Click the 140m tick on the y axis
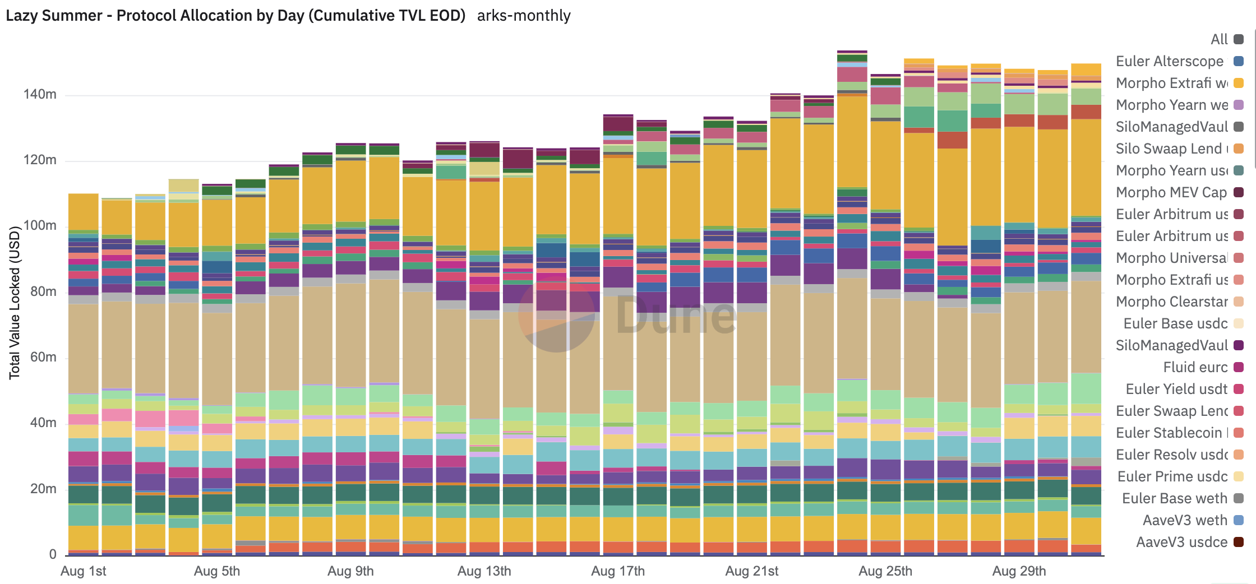coord(40,94)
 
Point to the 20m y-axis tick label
coord(43,489)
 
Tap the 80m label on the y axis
coord(43,291)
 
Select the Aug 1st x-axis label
coord(83,571)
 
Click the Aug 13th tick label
coord(484,571)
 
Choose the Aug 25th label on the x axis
coord(885,571)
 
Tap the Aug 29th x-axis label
coord(1019,571)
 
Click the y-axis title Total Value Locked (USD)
coord(15,303)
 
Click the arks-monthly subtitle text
coord(524,15)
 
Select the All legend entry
coord(1219,39)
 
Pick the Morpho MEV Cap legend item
coord(1171,192)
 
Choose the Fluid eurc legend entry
coord(1195,367)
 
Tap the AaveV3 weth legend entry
coord(1185,520)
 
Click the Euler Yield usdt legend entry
coord(1176,389)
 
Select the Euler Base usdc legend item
coord(1175,323)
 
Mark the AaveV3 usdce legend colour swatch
coord(1239,542)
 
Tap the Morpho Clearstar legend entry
coord(1172,302)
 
